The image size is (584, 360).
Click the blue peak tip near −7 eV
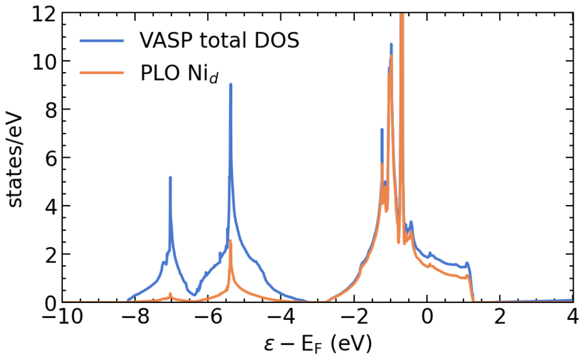coord(170,177)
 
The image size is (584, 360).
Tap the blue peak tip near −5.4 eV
coord(230,84)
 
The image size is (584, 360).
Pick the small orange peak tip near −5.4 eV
coord(230,241)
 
